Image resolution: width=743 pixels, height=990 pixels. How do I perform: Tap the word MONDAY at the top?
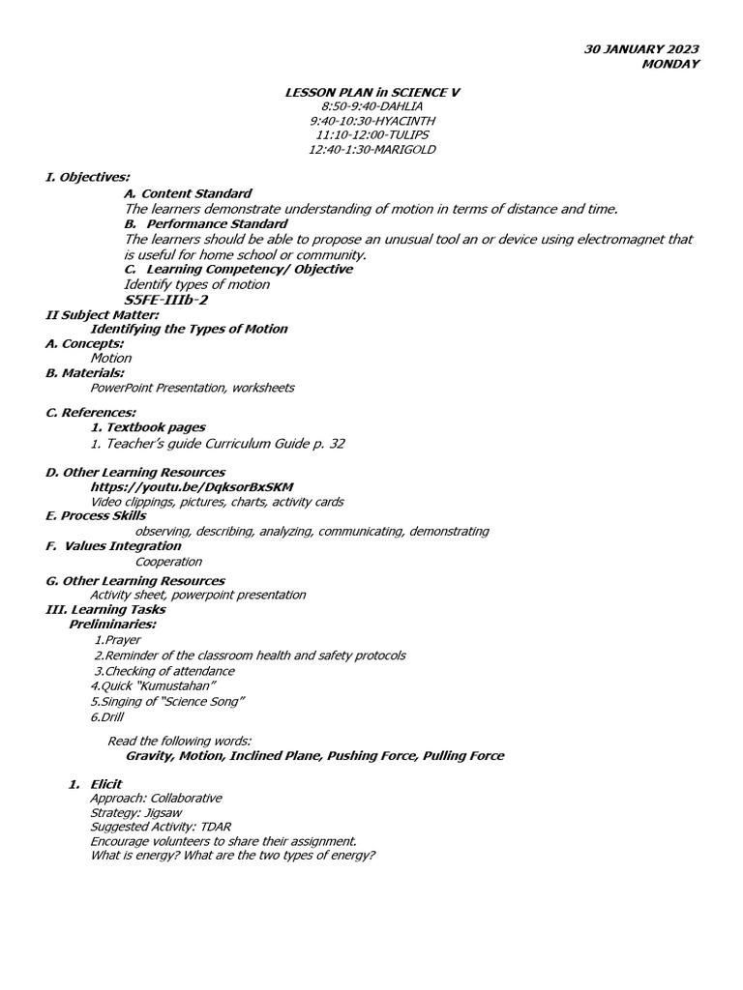670,64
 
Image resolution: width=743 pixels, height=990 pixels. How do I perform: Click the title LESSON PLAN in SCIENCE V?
371,92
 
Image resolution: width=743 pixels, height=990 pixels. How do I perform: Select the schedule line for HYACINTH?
371,121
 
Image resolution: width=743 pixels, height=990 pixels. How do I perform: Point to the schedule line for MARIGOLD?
371,150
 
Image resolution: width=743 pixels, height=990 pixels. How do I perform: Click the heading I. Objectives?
88,177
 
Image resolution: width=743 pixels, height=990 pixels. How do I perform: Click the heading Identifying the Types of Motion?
189,329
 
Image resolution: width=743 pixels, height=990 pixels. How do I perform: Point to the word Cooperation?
168,562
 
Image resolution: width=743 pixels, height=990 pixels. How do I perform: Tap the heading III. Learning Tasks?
105,610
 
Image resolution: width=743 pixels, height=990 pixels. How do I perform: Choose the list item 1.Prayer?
118,640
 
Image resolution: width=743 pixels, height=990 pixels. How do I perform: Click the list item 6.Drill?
106,717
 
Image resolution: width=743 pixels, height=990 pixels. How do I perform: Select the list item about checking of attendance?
164,671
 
